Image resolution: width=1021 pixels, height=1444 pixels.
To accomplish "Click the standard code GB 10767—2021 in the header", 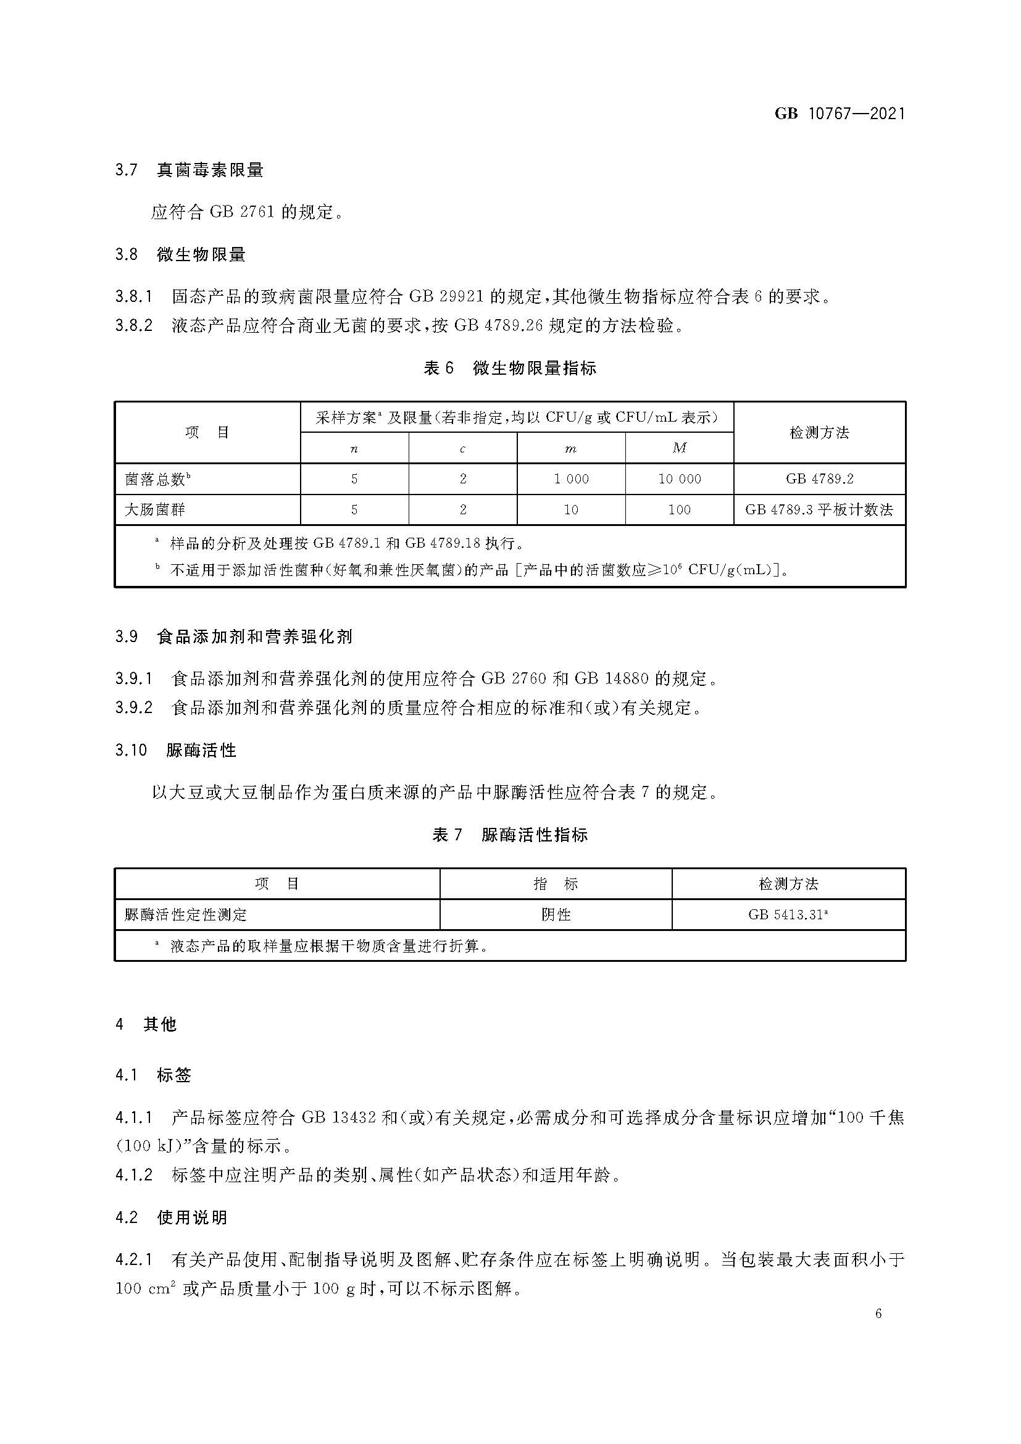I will pos(840,113).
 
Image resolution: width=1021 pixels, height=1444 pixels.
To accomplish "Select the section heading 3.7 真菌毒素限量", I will pos(190,170).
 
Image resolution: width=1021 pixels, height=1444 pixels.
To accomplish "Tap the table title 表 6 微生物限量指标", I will pos(510,368).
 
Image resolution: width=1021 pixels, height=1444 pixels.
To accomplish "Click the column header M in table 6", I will pos(679,448).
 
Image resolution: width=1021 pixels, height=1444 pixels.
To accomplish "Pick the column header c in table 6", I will pos(463,448).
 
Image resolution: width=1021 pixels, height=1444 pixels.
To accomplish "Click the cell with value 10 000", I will pos(679,479).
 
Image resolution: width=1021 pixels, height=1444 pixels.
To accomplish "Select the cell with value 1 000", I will pos(571,479).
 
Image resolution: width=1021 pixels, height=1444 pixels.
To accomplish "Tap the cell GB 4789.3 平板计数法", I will pos(819,509).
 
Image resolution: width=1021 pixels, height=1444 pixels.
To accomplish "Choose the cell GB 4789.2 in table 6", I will pos(819,479).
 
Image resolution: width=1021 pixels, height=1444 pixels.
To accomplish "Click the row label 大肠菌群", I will pos(155,509).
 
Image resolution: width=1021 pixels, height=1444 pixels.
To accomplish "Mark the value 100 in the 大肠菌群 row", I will pos(679,509).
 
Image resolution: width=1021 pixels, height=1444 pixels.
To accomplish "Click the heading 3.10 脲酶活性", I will pos(175,750).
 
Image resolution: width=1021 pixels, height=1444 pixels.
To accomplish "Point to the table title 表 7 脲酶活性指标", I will pos(510,835).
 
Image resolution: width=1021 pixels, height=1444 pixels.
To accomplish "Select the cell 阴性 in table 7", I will pos(556,914).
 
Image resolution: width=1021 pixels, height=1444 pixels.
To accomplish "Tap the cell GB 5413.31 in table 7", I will pos(788,914).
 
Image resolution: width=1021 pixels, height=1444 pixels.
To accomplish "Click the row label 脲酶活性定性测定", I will pos(185,914).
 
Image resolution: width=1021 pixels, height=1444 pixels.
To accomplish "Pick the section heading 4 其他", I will pos(146,1025).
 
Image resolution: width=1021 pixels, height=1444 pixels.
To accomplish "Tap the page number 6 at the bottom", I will pos(878,1313).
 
